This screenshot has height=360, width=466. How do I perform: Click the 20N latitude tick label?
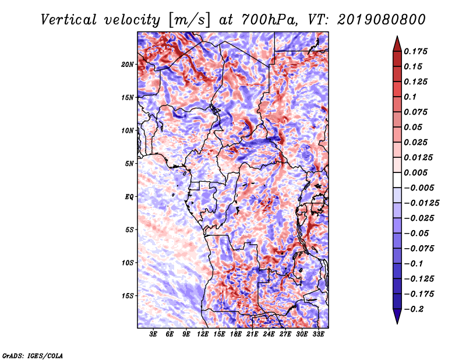[x=128, y=65]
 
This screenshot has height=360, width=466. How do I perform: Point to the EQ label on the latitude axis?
[x=129, y=197]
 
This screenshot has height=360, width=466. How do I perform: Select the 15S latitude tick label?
[x=128, y=296]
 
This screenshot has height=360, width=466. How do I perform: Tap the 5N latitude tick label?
[x=129, y=164]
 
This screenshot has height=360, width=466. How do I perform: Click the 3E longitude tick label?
[x=153, y=334]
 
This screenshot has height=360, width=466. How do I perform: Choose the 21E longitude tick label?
[x=252, y=334]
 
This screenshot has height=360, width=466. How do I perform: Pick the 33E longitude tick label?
[x=318, y=334]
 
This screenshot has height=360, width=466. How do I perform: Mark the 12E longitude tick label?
[x=203, y=334]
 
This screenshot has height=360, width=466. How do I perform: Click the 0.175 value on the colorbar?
[x=415, y=51]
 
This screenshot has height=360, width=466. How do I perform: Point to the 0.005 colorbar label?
[x=415, y=172]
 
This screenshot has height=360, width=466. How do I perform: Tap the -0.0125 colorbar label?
[x=421, y=203]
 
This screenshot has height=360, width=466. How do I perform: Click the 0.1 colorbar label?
[x=410, y=97]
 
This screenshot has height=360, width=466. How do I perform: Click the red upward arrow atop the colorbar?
[x=397, y=44]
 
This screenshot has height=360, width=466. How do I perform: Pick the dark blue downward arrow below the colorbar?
[x=397, y=316]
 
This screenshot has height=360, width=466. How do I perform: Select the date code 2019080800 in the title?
[x=382, y=20]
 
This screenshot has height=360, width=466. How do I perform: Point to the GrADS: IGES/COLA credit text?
[x=33, y=355]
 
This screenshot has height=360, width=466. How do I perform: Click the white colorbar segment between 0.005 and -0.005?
[x=397, y=180]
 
